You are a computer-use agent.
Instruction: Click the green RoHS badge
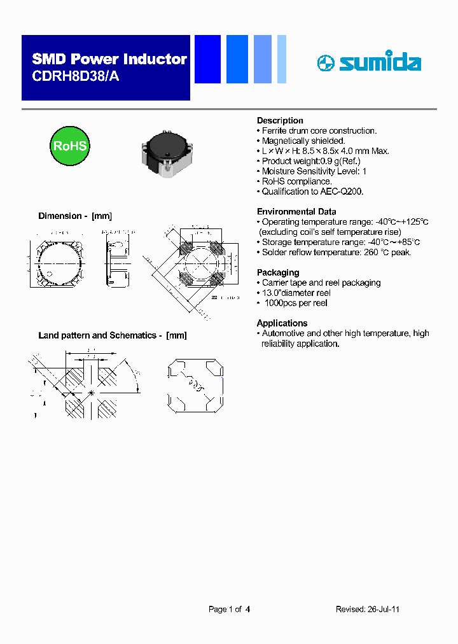click(x=69, y=146)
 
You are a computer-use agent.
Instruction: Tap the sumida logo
click(x=369, y=62)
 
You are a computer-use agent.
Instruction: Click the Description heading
click(x=280, y=120)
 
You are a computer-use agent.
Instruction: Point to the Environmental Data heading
click(x=296, y=211)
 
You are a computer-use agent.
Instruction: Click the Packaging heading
click(x=277, y=272)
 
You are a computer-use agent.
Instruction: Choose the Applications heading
click(x=282, y=323)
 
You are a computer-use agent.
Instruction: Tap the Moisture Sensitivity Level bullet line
click(x=314, y=171)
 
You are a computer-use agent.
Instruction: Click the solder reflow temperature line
click(x=337, y=252)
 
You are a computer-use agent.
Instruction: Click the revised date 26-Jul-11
click(x=383, y=609)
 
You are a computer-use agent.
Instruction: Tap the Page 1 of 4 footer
click(x=229, y=609)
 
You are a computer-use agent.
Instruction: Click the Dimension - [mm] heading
click(x=75, y=216)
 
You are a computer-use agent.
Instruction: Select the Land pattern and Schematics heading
click(x=113, y=335)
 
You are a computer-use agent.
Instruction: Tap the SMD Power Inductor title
click(x=109, y=59)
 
